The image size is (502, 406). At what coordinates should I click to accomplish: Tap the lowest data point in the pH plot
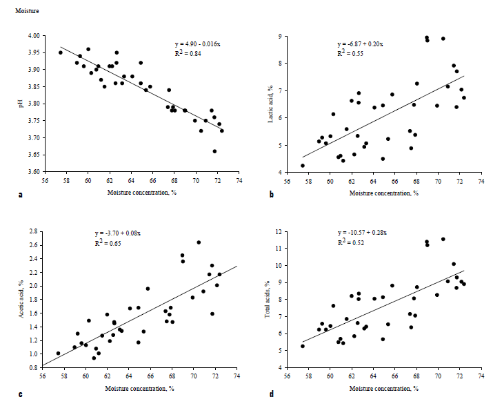(x=214, y=151)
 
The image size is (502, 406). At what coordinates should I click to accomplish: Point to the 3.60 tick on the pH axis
(x=42, y=172)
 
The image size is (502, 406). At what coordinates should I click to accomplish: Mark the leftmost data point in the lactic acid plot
(x=302, y=166)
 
